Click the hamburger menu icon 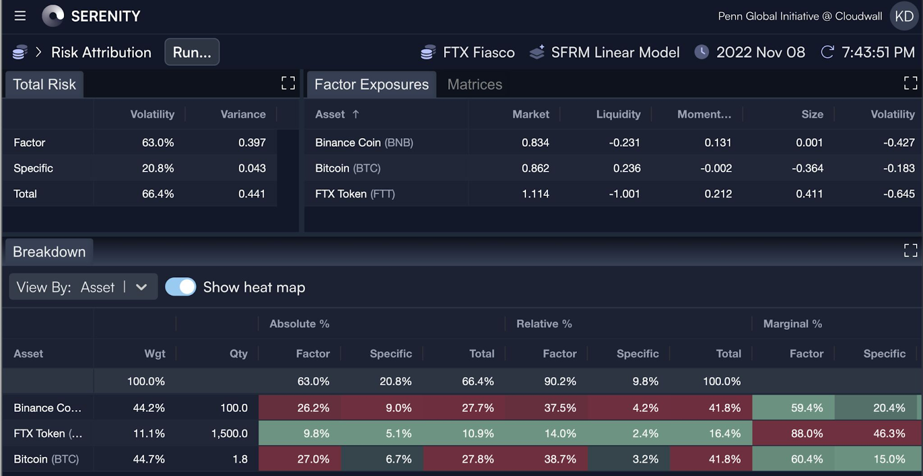(x=20, y=16)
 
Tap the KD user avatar (x=904, y=16)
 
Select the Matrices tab (x=474, y=84)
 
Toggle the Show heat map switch (x=181, y=287)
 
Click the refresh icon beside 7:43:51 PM (x=827, y=52)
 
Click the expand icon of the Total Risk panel (x=288, y=84)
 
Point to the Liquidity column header (x=618, y=114)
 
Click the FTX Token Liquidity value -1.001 (x=624, y=194)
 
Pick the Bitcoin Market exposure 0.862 (x=535, y=168)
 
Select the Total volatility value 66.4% (x=157, y=194)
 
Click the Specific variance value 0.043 (x=252, y=168)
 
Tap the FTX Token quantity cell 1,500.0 (x=229, y=433)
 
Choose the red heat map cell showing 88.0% (x=806, y=433)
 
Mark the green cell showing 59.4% (x=806, y=408)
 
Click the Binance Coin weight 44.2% (x=149, y=408)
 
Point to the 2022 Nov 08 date (x=760, y=53)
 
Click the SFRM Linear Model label (x=615, y=53)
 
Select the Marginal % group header (x=792, y=324)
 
